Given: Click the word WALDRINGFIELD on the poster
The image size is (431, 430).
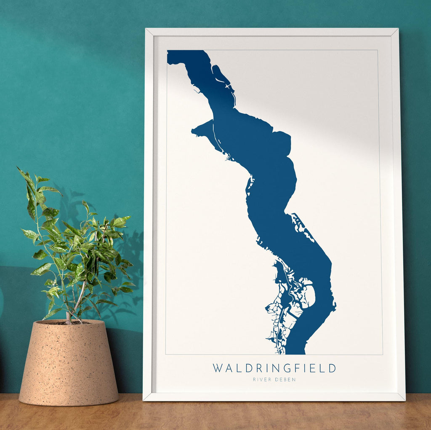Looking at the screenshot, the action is [274, 368].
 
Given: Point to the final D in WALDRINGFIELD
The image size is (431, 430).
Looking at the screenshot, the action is [333, 368].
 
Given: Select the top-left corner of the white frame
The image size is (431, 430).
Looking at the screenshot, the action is [146, 29].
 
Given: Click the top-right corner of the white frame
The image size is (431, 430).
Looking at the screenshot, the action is [397, 29].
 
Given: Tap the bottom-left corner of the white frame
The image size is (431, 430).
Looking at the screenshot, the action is [144, 399].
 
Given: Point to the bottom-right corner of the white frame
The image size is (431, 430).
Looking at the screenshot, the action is [404, 399].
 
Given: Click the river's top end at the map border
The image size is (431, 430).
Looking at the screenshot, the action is [185, 51].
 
